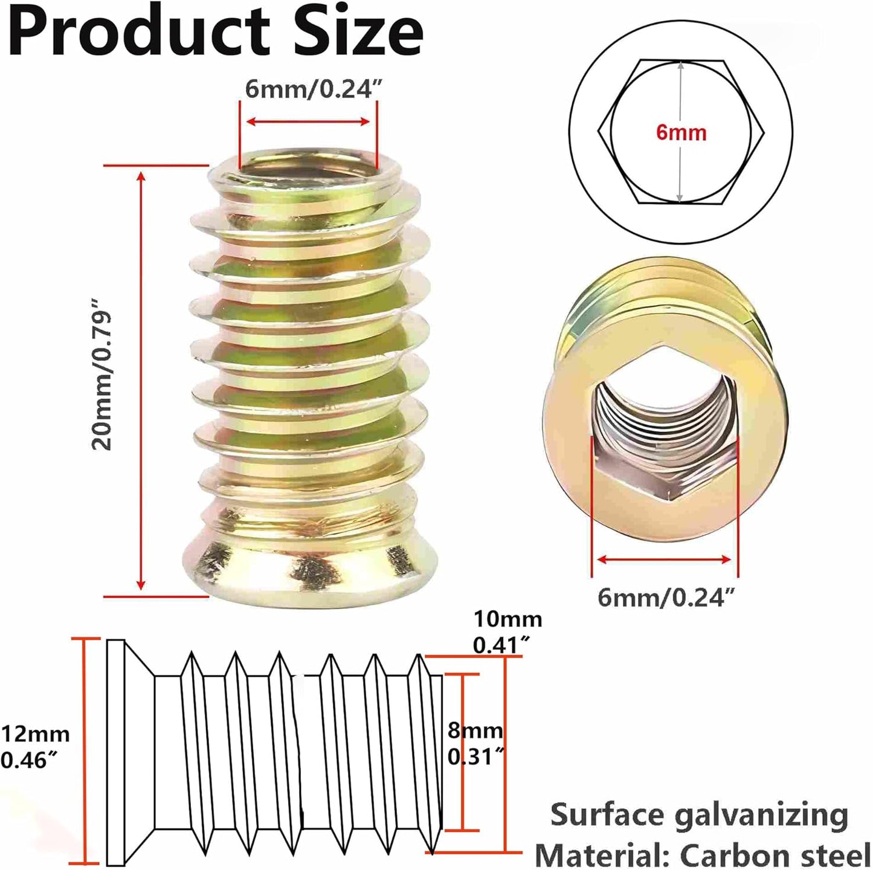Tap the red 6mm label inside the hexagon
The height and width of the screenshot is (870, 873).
pyautogui.click(x=681, y=133)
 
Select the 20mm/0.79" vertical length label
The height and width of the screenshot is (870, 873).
pyautogui.click(x=101, y=375)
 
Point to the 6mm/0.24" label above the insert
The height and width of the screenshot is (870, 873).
pyautogui.click(x=312, y=89)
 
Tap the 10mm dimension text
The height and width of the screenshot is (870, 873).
pyautogui.click(x=507, y=619)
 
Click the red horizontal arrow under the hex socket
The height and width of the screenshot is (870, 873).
pyautogui.click(x=664, y=559)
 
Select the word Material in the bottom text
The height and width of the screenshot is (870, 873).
pyautogui.click(x=602, y=843)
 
